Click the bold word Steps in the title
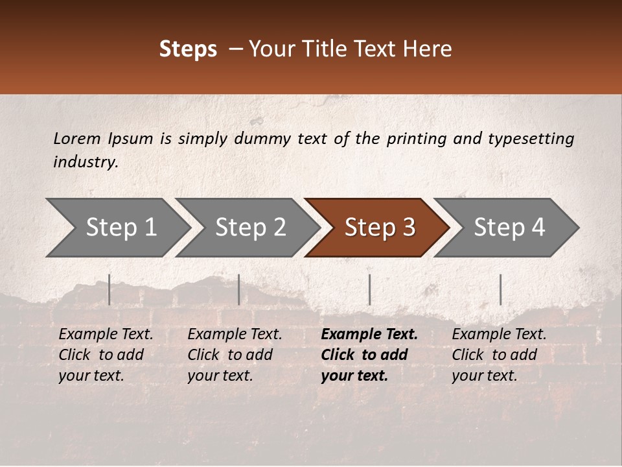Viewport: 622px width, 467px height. point(188,49)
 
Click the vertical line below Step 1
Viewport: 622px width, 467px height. point(109,289)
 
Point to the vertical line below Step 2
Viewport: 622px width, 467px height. point(239,289)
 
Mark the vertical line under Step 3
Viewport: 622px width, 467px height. point(369,289)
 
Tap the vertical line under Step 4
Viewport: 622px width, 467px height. point(500,289)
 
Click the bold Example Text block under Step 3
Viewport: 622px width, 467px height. point(369,355)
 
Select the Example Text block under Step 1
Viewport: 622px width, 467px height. point(106,355)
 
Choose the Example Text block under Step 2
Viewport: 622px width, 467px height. point(235,355)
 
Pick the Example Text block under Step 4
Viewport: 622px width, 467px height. point(499,355)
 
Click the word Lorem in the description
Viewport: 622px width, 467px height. point(77,138)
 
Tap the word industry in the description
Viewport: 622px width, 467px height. point(86,162)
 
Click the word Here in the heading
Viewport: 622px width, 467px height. point(429,49)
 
